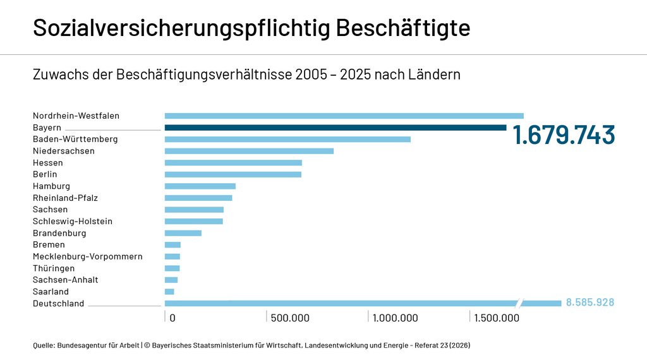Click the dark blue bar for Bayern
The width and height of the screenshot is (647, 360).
pos(335,128)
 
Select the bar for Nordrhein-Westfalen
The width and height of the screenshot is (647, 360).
pos(344,116)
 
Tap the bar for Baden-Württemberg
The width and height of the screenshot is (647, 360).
pos(287,139)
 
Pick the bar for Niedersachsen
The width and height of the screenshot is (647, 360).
pos(249,151)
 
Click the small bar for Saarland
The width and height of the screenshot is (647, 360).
pos(169,292)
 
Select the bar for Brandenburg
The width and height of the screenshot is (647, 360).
pos(183,233)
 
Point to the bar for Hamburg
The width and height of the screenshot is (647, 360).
pos(200,186)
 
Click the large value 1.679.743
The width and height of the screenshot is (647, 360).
pos(563,135)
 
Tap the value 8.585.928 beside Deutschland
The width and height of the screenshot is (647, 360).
pos(590,303)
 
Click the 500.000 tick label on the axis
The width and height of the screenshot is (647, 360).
pos(290,318)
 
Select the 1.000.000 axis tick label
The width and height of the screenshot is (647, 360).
pos(395,318)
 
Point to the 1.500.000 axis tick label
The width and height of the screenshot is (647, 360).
pos(497,318)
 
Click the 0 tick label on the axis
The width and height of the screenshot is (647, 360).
pos(172,318)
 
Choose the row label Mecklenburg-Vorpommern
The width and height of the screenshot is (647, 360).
pos(87,256)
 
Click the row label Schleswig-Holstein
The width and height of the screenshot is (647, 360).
pos(73,221)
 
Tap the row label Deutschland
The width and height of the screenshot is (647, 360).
pos(58,304)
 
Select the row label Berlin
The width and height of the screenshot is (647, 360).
pos(45,174)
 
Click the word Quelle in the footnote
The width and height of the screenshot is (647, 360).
pos(44,345)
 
